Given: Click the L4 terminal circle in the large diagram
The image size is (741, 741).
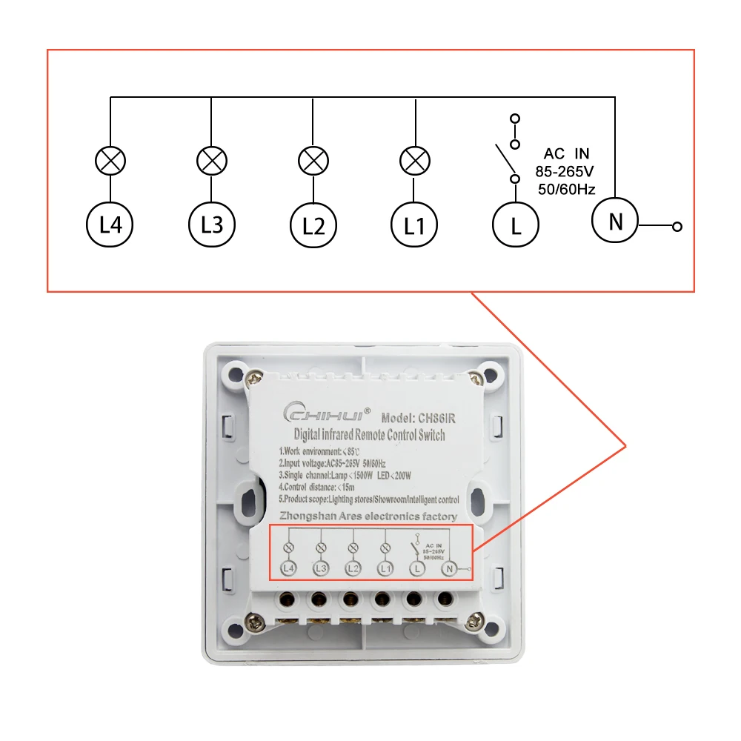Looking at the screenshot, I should pos(110,223).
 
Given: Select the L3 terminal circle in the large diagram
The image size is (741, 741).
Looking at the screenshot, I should pos(211,223).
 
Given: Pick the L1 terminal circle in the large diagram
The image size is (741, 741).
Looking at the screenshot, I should pos(415,223).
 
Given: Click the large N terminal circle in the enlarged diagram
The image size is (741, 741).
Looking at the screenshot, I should pos(614,220).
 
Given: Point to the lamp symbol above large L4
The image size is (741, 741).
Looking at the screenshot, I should pos(110,160).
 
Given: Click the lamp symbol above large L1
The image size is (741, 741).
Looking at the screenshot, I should pos(415,160).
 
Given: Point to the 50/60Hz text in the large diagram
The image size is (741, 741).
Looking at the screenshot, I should pos(567,189).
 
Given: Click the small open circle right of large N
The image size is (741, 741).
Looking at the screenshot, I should pos(676,227).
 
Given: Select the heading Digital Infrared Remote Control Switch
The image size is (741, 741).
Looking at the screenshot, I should pos(370,434).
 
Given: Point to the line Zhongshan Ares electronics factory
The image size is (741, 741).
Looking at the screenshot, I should pos(368,516).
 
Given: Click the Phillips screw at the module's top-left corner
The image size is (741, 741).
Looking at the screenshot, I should pos(254,379).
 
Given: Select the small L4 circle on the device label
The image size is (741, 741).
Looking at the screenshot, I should pos(289,568).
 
